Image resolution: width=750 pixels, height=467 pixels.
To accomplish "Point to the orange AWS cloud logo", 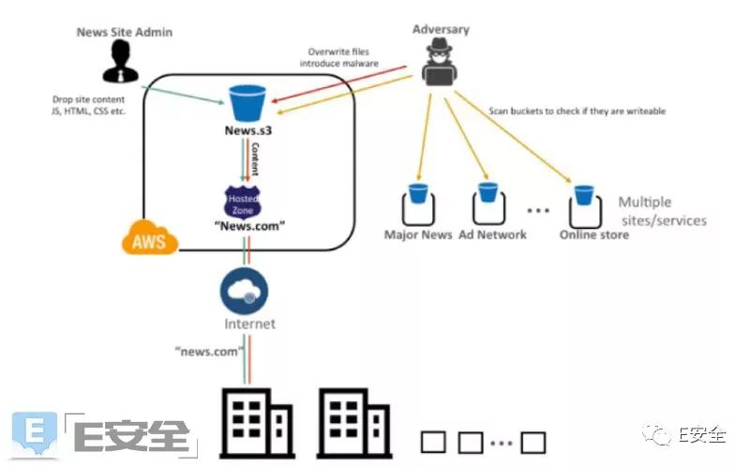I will [150, 239].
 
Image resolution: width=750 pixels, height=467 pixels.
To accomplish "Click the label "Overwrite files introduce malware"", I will [338, 57].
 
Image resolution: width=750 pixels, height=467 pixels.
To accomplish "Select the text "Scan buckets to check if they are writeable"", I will [577, 111].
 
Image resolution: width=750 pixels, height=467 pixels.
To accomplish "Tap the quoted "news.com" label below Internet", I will [209, 351].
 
